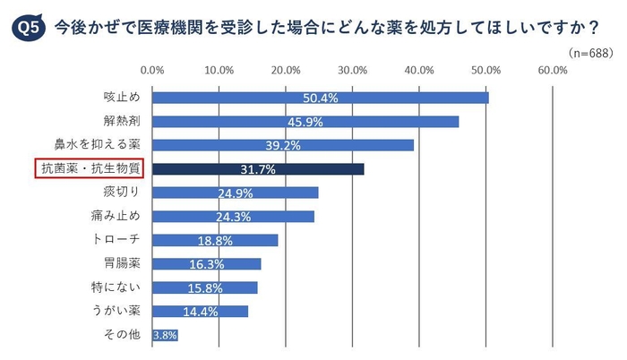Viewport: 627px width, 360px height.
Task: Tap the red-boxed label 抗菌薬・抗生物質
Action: coord(91,168)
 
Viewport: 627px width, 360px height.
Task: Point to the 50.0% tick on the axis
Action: coord(485,69)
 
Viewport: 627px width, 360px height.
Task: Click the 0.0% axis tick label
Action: coord(153,69)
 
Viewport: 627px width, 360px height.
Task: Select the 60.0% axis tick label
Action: coord(552,69)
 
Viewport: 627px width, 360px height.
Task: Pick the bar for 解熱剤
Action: coord(305,121)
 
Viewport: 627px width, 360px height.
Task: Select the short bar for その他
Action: coord(165,335)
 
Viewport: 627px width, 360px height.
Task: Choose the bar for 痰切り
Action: coord(236,193)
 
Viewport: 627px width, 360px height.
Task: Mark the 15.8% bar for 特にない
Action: coord(205,287)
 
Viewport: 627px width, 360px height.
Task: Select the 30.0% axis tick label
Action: coord(352,69)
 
